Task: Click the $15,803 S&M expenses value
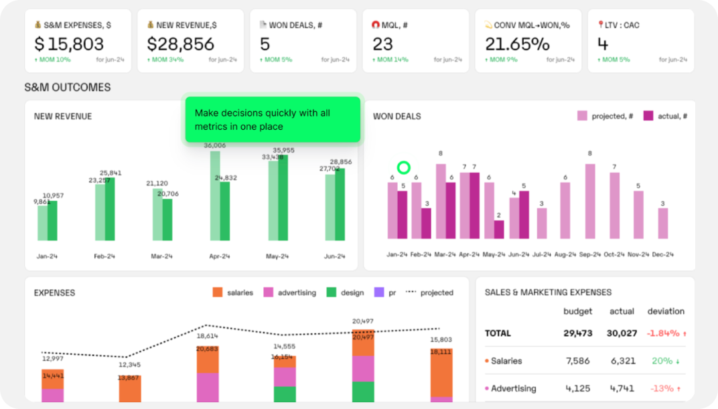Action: pyautogui.click(x=69, y=44)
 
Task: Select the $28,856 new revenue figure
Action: pyautogui.click(x=181, y=44)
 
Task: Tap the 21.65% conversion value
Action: pyautogui.click(x=517, y=44)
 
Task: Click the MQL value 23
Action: pyautogui.click(x=382, y=44)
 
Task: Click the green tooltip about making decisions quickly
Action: pyautogui.click(x=273, y=120)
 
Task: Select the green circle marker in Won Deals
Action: pyautogui.click(x=403, y=168)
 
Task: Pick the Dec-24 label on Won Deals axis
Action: pyautogui.click(x=662, y=254)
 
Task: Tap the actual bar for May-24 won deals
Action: pyautogui.click(x=499, y=230)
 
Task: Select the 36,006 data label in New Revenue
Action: pyautogui.click(x=214, y=145)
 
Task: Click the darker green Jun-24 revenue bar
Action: pyautogui.click(x=341, y=204)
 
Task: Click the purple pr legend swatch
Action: pyautogui.click(x=379, y=293)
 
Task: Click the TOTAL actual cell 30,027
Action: pyautogui.click(x=622, y=333)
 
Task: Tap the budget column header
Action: pyautogui.click(x=577, y=311)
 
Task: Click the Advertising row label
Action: pyautogui.click(x=513, y=388)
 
